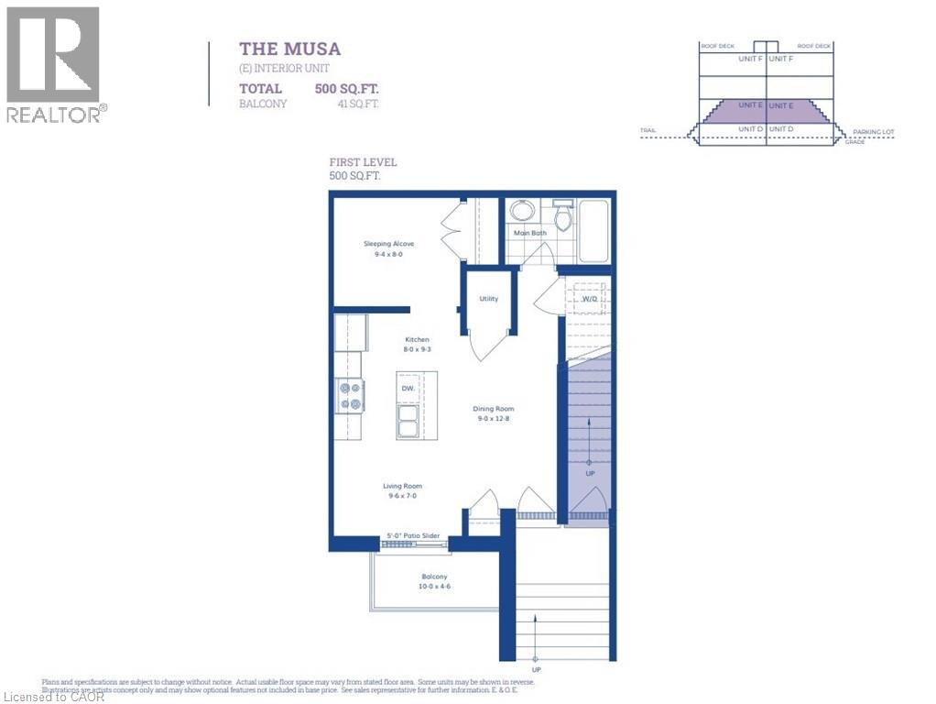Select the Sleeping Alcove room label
(x=388, y=244)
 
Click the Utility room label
(x=488, y=299)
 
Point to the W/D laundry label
(x=591, y=299)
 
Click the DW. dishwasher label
(x=408, y=389)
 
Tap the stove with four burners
(x=350, y=396)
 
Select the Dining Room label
(x=493, y=409)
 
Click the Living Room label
(x=402, y=487)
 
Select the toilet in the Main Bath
(x=562, y=217)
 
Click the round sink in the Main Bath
(x=522, y=213)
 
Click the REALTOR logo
(x=54, y=64)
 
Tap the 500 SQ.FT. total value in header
(x=346, y=89)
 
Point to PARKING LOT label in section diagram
(x=873, y=132)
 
